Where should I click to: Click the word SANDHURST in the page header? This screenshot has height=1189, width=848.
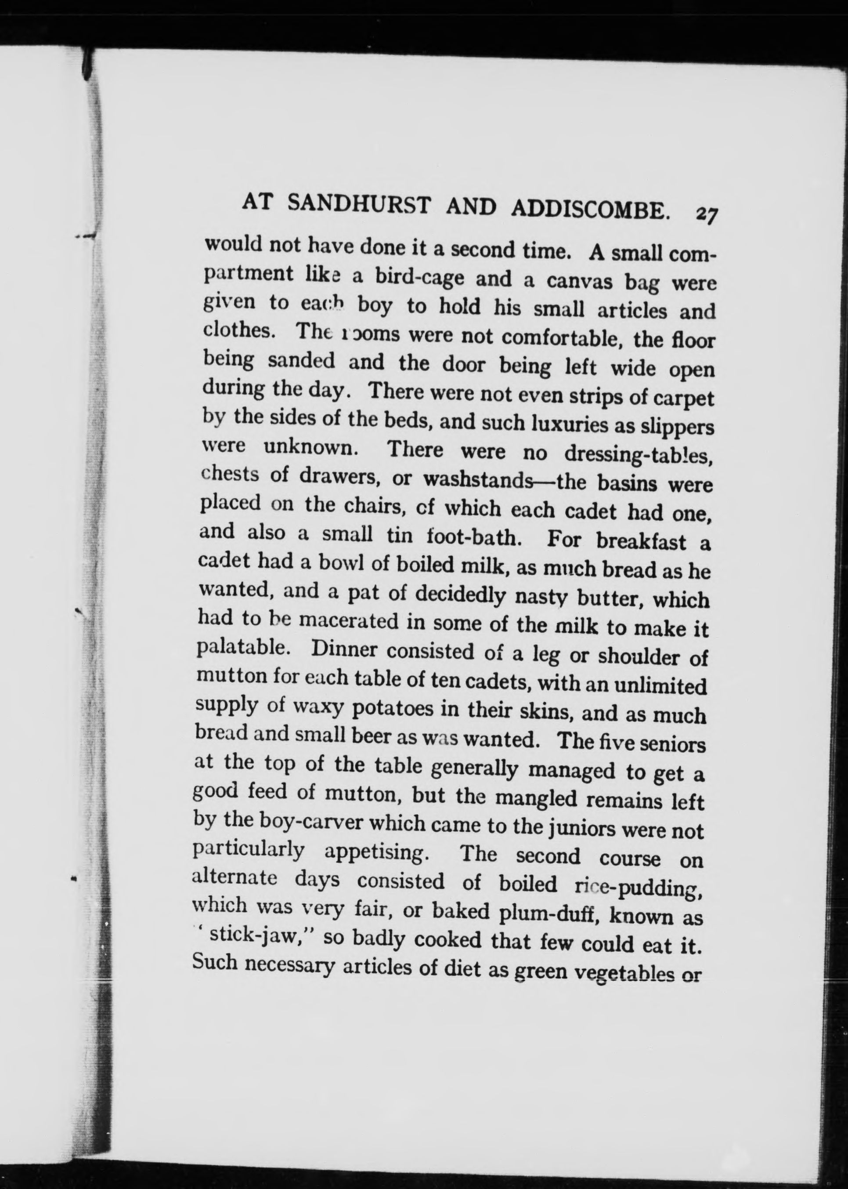pyautogui.click(x=359, y=205)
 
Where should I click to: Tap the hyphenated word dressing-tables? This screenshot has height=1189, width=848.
pyautogui.click(x=638, y=455)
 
